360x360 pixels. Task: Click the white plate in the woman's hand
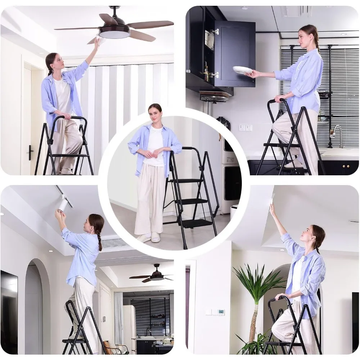click(242, 70)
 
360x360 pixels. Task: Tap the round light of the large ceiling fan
click(114, 34)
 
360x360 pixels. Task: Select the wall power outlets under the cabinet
click(246, 128)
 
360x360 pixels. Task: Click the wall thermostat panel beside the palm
click(221, 312)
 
